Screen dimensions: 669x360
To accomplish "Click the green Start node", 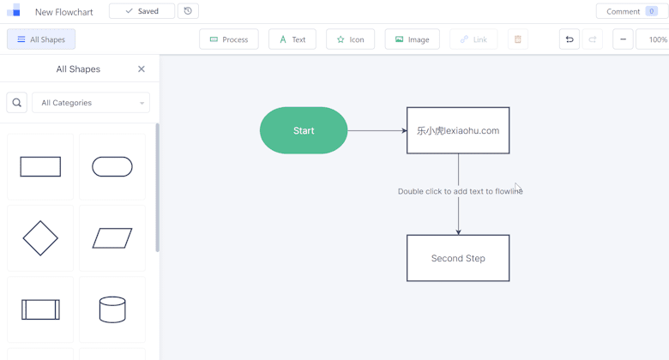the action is (x=304, y=130).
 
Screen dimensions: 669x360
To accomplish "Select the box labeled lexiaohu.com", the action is (x=458, y=130).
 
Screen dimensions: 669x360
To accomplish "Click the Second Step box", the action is (x=458, y=258).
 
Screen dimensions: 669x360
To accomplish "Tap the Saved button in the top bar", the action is (x=142, y=11).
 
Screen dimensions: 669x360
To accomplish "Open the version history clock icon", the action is (x=188, y=11).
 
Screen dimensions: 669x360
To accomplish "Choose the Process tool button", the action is (x=229, y=39).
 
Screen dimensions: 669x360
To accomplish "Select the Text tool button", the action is (x=292, y=39).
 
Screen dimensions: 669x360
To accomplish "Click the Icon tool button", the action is (x=350, y=39).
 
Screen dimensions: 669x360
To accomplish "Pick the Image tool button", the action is (x=413, y=39).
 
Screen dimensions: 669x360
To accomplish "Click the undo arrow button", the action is (x=570, y=39).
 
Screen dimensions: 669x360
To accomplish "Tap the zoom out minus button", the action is (x=623, y=39).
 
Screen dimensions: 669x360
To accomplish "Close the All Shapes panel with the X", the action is (x=142, y=69).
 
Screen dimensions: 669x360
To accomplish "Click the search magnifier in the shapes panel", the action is (x=16, y=102).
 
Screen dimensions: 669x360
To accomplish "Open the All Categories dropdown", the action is (x=91, y=102).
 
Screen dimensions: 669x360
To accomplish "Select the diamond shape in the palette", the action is (x=40, y=238).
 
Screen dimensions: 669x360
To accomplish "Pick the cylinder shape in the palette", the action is (x=112, y=309).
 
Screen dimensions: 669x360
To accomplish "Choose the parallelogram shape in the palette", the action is (x=112, y=238).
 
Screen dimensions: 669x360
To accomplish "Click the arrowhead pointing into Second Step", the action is (x=458, y=232).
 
